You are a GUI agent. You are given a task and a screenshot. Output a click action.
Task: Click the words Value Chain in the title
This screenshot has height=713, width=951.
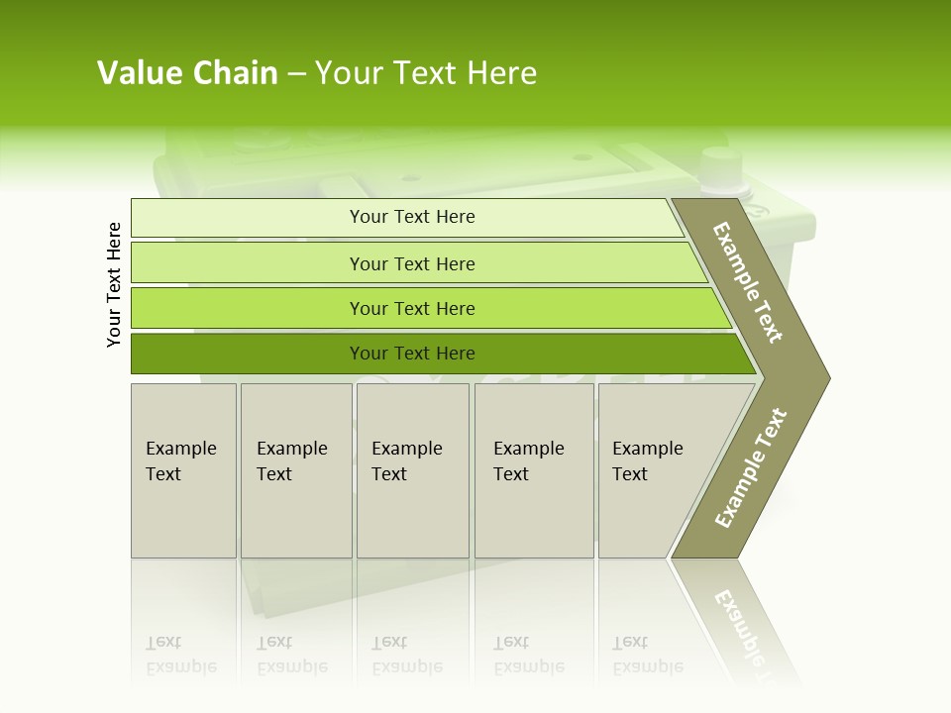(x=187, y=73)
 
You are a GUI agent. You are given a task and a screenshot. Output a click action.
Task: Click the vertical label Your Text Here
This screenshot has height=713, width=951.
(x=114, y=284)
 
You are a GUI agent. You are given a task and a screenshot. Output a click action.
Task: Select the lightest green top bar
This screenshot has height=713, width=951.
(x=248, y=218)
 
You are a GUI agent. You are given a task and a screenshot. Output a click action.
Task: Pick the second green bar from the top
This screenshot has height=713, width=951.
(x=248, y=263)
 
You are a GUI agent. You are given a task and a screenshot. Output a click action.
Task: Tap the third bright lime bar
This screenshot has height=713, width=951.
(x=248, y=308)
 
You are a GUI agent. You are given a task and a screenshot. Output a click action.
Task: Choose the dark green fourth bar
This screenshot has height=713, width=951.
(x=248, y=354)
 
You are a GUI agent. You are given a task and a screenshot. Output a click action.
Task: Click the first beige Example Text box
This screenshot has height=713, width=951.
(x=183, y=470)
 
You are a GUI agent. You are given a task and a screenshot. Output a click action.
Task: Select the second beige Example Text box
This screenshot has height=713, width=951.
(x=295, y=470)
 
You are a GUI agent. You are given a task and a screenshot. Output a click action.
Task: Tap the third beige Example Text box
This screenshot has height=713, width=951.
(x=412, y=470)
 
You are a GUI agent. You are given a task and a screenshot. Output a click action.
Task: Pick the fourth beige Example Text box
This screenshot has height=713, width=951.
(x=534, y=470)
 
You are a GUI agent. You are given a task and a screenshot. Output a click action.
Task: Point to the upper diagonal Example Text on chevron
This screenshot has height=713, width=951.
(x=748, y=282)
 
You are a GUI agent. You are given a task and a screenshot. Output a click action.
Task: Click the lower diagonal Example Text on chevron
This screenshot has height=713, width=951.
(x=751, y=467)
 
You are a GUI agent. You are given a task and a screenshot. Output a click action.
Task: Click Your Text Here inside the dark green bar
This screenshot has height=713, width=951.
(x=412, y=354)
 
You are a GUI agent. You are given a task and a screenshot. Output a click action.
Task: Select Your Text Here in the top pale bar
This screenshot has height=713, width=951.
(x=412, y=217)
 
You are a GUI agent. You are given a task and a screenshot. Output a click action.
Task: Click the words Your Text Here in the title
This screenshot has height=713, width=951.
(x=426, y=73)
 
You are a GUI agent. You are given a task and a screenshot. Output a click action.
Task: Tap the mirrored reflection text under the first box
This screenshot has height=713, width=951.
(x=180, y=655)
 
